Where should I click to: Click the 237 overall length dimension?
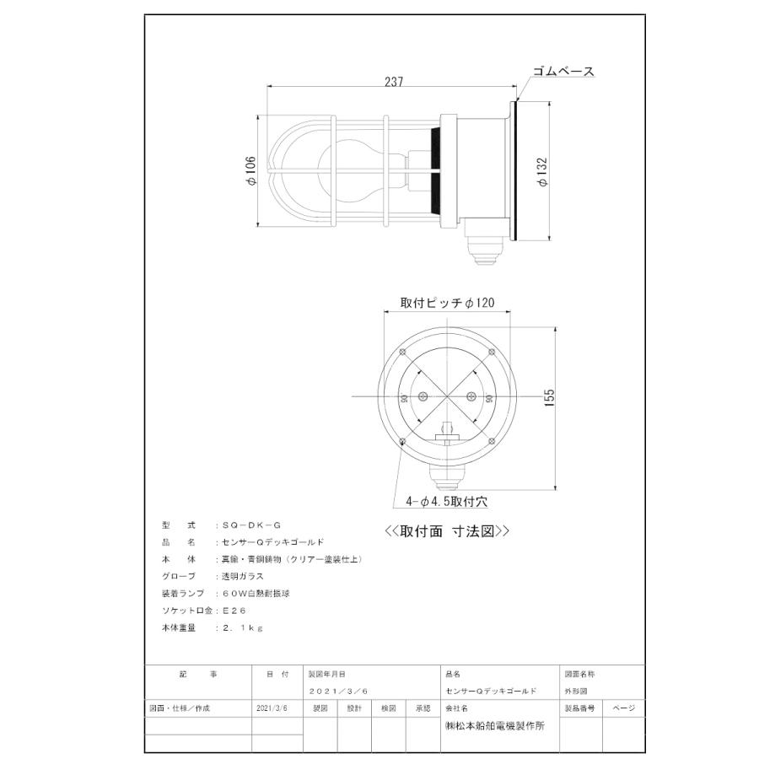coord(394,82)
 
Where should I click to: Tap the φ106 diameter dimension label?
coord(250,172)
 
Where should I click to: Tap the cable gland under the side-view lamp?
coord(484,250)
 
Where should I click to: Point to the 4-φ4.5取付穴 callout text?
coord(446,501)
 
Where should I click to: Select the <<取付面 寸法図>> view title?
coord(447,531)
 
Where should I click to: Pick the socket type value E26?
coord(232,610)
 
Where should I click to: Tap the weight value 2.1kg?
coord(240,627)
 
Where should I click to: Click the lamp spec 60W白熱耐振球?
coord(258,593)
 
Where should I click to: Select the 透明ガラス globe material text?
coord(242,576)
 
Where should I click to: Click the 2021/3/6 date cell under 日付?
coord(272,709)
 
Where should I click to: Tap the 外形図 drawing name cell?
coord(576,691)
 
